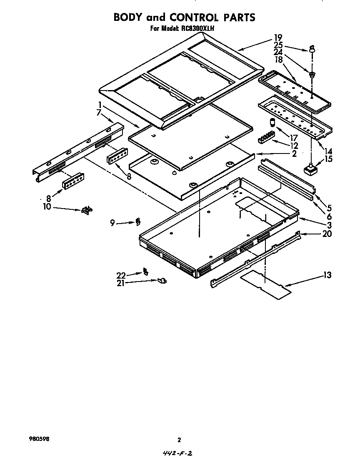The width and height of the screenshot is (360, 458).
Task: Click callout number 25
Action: point(278,45)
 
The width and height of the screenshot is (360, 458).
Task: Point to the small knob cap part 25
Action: point(312,48)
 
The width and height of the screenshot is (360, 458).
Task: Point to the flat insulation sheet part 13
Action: point(266,284)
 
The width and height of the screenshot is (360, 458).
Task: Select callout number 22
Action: point(121,275)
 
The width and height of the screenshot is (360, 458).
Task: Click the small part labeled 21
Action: point(162,281)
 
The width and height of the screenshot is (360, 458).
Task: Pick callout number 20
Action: point(327,234)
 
